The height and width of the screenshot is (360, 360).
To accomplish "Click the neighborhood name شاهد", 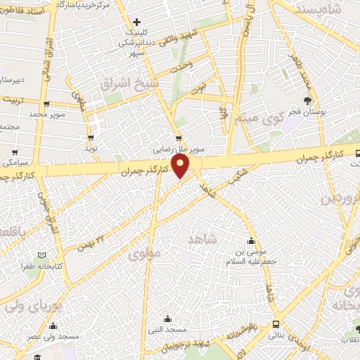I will (205, 240).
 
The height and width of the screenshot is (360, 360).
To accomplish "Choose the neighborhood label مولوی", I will (146, 255).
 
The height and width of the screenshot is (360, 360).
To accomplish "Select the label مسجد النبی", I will (167, 329).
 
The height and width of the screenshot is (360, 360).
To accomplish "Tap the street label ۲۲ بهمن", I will (94, 240).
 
